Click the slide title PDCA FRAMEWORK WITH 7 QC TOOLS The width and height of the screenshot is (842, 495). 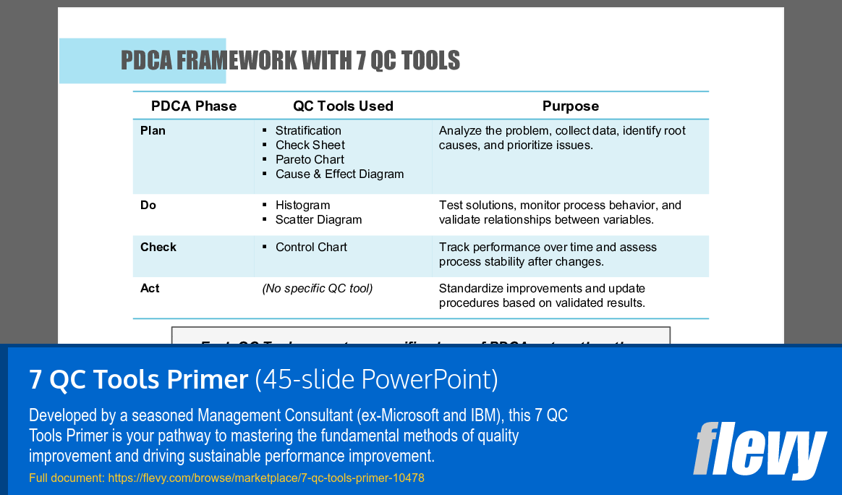tap(290, 61)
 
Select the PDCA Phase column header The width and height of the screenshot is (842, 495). tap(193, 106)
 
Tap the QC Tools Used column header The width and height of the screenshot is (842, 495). tap(343, 106)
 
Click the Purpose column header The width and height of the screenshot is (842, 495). tap(570, 106)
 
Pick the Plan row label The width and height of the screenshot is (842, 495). tap(153, 131)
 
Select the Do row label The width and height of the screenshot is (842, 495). tap(148, 206)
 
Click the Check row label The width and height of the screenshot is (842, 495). tap(158, 247)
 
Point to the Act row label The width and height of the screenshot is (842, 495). tap(150, 289)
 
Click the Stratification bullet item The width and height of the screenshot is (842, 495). tap(308, 131)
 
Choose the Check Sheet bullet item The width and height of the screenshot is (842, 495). tap(310, 145)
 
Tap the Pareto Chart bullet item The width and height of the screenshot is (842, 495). tap(310, 160)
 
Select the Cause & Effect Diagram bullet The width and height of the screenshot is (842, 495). tap(339, 174)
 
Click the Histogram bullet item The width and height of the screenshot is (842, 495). tap(302, 206)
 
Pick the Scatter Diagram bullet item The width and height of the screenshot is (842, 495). tap(318, 220)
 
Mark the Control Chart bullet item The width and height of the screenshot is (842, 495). tap(311, 247)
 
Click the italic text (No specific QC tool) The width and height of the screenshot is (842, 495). tap(317, 289)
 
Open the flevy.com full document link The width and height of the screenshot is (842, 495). tap(265, 478)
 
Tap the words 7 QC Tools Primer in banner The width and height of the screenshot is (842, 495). tap(138, 379)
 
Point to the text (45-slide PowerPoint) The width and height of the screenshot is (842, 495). tap(376, 379)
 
